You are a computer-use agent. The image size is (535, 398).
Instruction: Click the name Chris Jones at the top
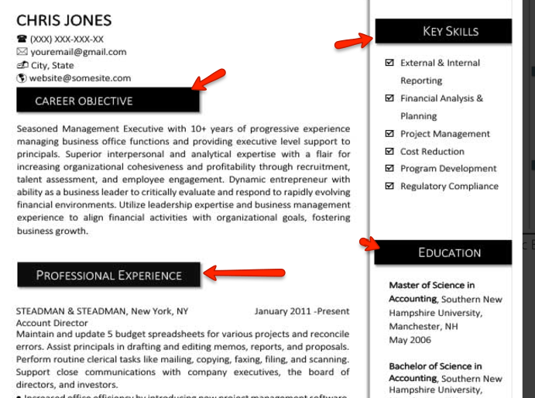coord(64,20)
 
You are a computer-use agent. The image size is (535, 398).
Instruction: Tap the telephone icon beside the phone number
coord(22,39)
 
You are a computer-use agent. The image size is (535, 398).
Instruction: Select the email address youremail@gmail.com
coord(78,52)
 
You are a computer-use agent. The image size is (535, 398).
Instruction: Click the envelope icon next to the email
coord(22,52)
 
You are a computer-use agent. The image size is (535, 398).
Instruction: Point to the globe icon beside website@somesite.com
coord(22,78)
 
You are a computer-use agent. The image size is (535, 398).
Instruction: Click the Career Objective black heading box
coord(108,101)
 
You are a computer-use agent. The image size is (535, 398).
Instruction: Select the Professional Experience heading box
coord(108,275)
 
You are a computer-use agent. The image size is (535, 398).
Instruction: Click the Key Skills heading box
coord(443,31)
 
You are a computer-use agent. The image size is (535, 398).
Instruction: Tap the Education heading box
coord(443,252)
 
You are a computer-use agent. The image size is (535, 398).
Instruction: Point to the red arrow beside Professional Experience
coord(244,272)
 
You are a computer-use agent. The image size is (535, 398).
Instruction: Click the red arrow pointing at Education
coord(369,245)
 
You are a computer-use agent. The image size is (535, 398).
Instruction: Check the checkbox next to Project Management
coord(389,134)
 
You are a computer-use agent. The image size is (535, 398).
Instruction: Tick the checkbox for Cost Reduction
coord(389,151)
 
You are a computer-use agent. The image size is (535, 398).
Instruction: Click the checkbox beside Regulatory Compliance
coord(389,186)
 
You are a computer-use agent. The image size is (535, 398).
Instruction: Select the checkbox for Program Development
coord(389,168)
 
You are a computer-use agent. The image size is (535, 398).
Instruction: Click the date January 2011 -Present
coord(302,311)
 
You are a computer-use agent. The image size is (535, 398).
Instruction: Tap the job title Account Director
coord(52,323)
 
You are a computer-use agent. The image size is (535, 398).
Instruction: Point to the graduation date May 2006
coord(410,340)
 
